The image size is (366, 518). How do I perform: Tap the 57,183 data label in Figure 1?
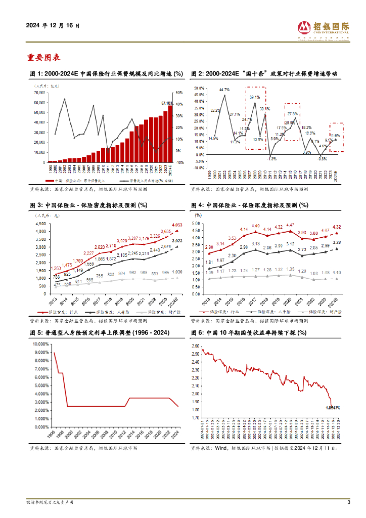click(167, 103)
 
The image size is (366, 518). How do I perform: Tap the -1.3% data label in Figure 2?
click(272, 159)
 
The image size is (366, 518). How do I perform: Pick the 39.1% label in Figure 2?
click(255, 97)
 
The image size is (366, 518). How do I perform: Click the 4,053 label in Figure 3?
click(177, 225)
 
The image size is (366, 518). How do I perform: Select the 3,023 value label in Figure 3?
click(177, 241)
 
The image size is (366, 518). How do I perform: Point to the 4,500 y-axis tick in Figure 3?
click(39, 222)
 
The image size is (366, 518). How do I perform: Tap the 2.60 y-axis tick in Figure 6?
click(195, 346)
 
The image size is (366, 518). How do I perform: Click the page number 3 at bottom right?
click(348, 502)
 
